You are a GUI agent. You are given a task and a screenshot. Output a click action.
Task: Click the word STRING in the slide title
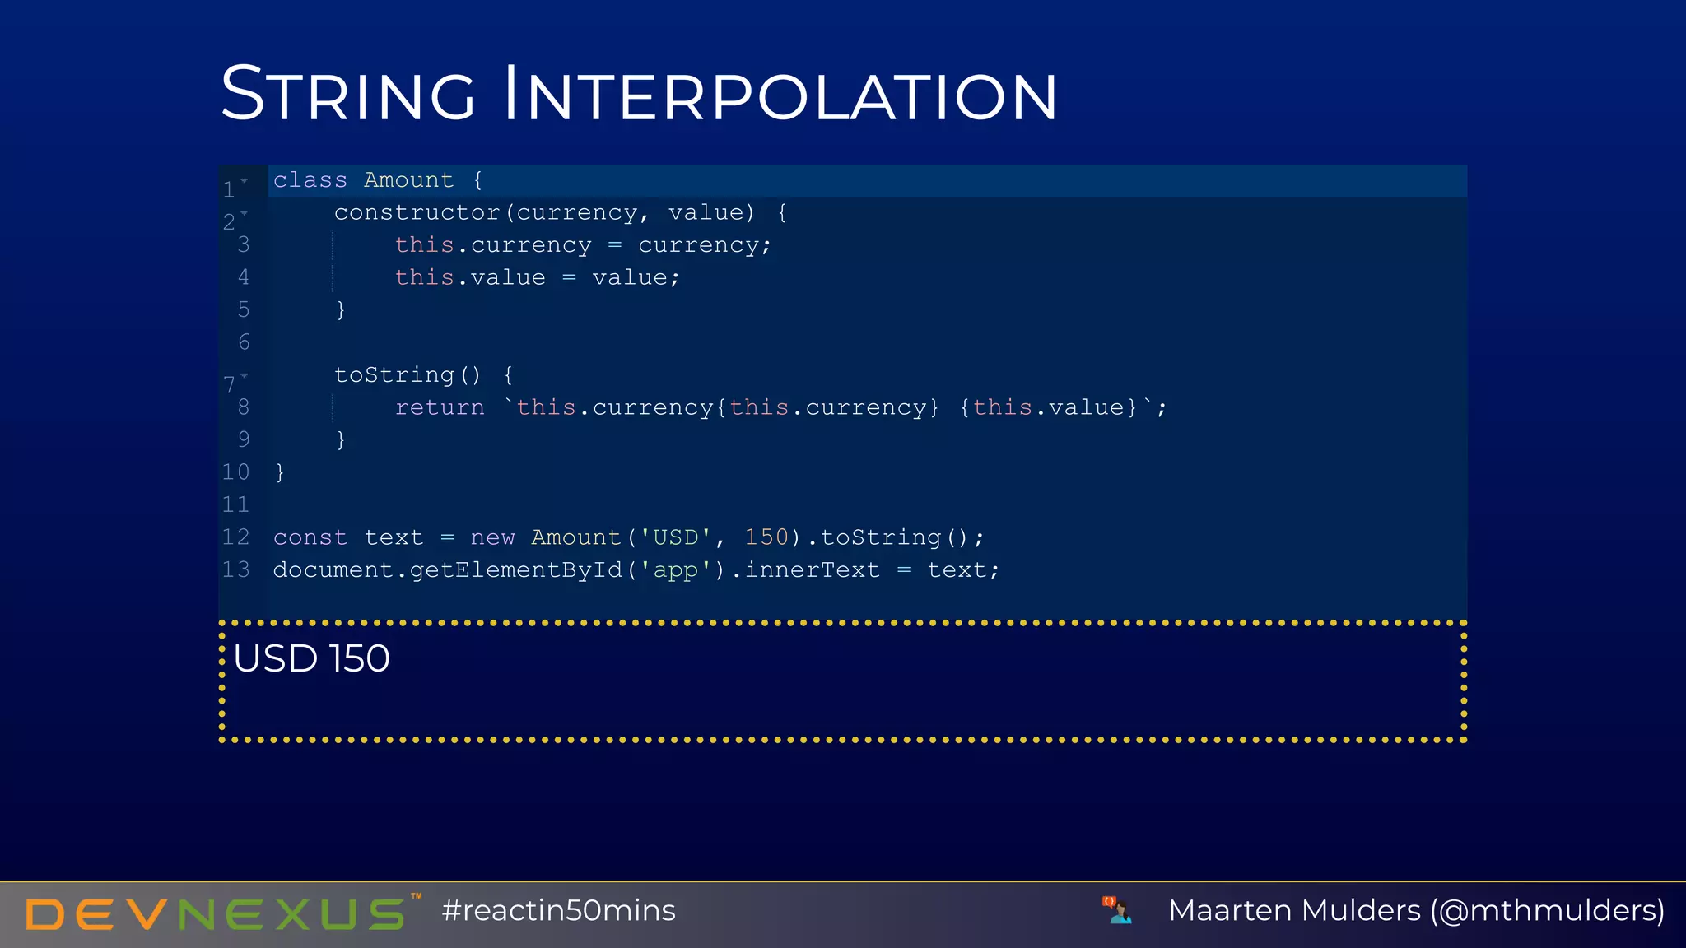[x=348, y=94]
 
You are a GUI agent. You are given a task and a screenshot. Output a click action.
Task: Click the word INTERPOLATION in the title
[x=780, y=94]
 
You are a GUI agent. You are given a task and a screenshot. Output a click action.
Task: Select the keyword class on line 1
[x=310, y=180]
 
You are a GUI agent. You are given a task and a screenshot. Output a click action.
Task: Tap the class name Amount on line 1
[x=408, y=180]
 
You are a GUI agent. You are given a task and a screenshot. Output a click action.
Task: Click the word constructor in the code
[x=417, y=213]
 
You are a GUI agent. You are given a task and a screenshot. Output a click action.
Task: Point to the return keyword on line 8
[x=440, y=407]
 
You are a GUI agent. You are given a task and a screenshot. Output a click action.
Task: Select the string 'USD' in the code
[x=675, y=537]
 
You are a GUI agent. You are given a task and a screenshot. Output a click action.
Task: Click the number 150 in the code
[x=766, y=537]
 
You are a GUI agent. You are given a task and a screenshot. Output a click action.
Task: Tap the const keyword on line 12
[x=310, y=537]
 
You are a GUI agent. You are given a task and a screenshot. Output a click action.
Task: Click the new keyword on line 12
[x=492, y=537]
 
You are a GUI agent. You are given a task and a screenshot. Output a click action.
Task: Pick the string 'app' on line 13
[x=675, y=570]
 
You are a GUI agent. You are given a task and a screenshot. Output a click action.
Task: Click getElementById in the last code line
[x=515, y=570]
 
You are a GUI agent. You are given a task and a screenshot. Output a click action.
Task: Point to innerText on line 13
[x=812, y=570]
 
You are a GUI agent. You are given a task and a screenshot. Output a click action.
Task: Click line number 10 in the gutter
[x=235, y=472]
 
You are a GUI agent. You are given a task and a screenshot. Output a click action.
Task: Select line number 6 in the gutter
[x=244, y=342]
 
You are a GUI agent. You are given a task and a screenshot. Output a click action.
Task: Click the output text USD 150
[x=311, y=658]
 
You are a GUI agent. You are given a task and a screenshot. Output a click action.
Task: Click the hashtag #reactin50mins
[x=558, y=911]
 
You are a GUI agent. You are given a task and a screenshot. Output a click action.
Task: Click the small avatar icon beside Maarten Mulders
[x=1117, y=910]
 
